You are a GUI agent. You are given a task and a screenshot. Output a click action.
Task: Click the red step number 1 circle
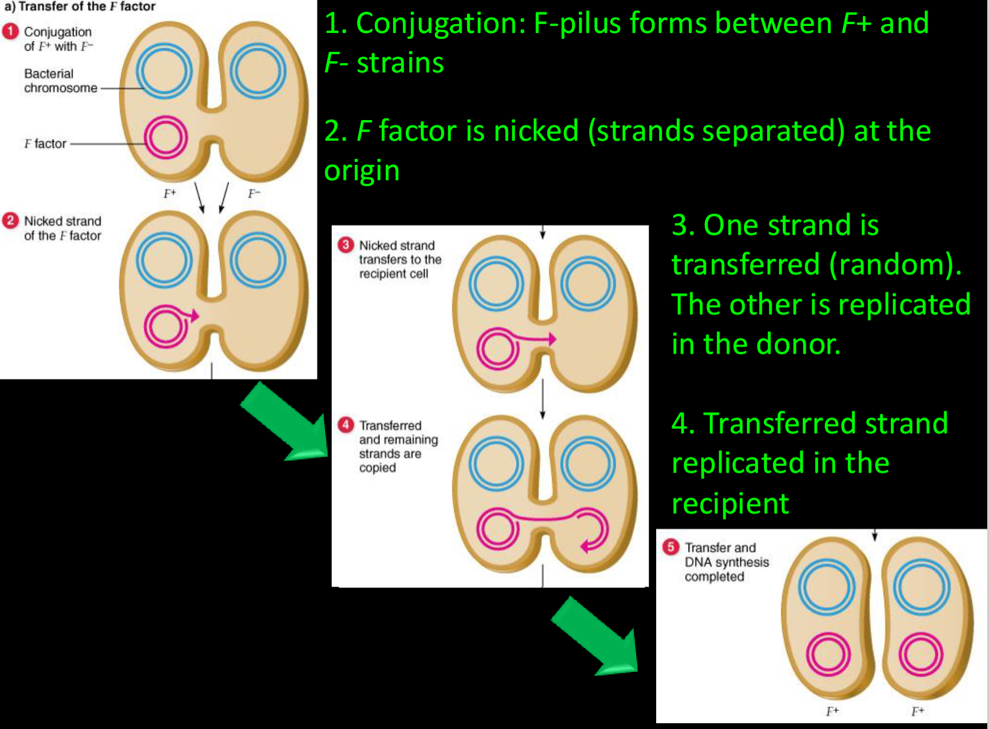tap(11, 31)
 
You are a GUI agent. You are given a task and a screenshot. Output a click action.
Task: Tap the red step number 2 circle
tap(11, 221)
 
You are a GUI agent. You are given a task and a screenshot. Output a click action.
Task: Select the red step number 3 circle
tap(346, 245)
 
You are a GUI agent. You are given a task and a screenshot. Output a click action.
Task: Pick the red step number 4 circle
tap(346, 425)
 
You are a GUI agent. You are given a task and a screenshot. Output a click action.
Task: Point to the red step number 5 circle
tap(670, 547)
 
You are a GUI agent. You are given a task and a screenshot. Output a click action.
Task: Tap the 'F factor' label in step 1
tap(45, 144)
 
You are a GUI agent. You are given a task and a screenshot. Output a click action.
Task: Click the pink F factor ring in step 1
tap(166, 138)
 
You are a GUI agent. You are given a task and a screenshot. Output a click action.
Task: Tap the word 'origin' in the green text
tap(362, 171)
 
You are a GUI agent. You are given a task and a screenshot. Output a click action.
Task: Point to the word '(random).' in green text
tap(895, 265)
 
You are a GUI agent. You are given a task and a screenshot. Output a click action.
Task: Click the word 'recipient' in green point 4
tap(730, 504)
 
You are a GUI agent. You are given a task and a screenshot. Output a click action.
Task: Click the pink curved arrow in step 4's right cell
tap(595, 530)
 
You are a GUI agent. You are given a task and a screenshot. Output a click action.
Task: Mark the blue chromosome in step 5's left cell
tap(826, 587)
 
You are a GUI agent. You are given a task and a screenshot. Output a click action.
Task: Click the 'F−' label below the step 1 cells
tap(254, 194)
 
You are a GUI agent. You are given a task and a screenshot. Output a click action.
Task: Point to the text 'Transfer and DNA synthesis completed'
tap(726, 562)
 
